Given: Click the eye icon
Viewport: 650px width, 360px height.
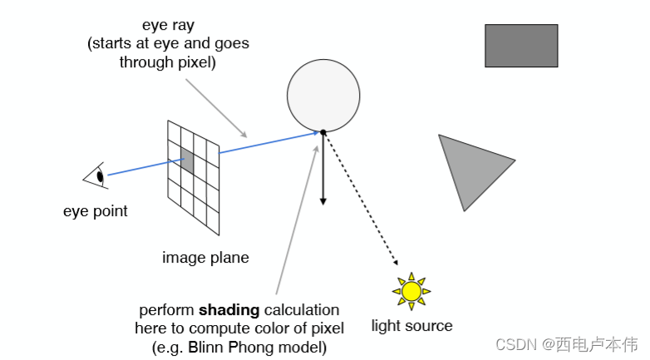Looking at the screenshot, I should [96, 176].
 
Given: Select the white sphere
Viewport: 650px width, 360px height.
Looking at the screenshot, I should [323, 95].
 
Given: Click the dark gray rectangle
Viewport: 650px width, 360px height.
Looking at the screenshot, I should [521, 45].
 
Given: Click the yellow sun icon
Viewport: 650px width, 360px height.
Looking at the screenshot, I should [411, 290].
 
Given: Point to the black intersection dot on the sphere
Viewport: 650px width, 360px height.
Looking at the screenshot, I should [323, 131].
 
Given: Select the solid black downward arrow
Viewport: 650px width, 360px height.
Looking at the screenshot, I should [323, 170].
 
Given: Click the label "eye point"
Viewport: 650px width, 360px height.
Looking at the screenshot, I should [96, 211].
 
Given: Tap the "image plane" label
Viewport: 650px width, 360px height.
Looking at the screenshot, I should [205, 258].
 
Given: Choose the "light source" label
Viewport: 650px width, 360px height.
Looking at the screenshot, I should [411, 326].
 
